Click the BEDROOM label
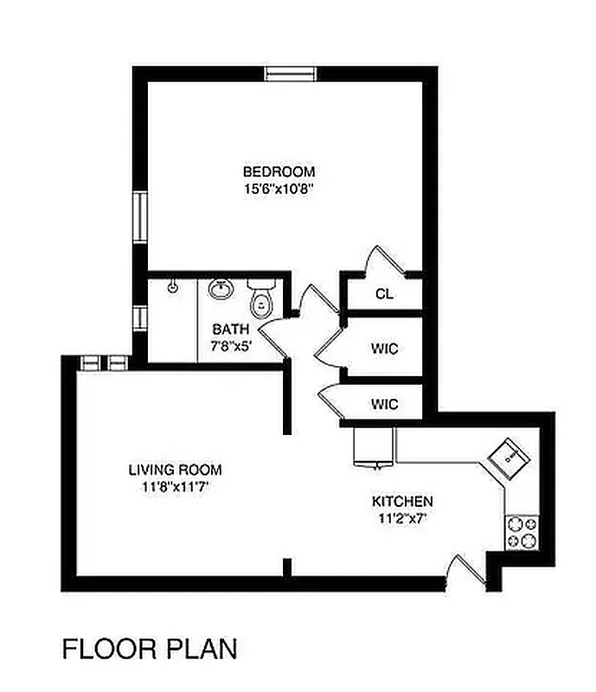(x=278, y=171)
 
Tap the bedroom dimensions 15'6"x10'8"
(x=278, y=188)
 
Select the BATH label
(x=231, y=329)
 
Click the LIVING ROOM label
(x=175, y=470)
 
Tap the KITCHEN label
(x=402, y=502)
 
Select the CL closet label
(x=384, y=294)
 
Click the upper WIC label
(x=384, y=349)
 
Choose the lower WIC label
(x=384, y=404)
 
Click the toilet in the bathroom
(x=260, y=298)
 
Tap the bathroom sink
(x=221, y=288)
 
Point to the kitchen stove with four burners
(x=522, y=531)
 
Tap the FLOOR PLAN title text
(x=148, y=648)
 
